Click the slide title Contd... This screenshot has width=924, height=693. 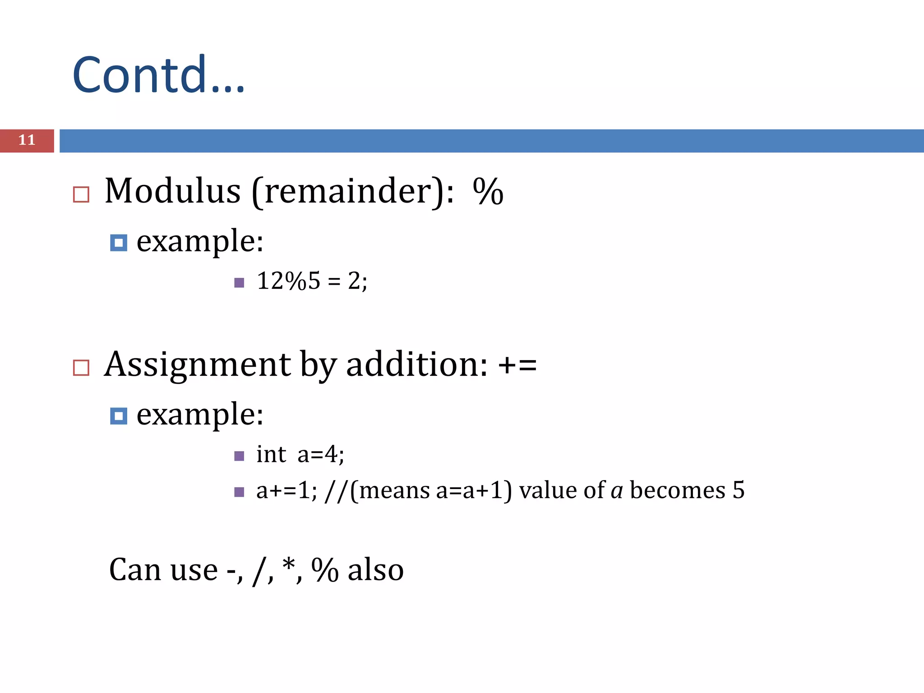pyautogui.click(x=158, y=74)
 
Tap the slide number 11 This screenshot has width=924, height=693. pyautogui.click(x=27, y=140)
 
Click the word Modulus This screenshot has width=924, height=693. pyautogui.click(x=172, y=191)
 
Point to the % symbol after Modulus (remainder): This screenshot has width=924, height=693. pyautogui.click(x=488, y=191)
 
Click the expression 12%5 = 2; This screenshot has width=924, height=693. pyautogui.click(x=312, y=281)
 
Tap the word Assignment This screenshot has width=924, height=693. pyautogui.click(x=198, y=365)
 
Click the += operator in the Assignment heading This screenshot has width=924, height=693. pyautogui.click(x=517, y=365)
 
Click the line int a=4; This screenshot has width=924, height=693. pyautogui.click(x=300, y=454)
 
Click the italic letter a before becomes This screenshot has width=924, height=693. pyautogui.click(x=616, y=491)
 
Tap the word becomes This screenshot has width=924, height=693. pyautogui.click(x=677, y=490)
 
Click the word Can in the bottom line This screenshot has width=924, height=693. pyautogui.click(x=135, y=570)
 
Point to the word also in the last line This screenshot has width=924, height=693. pyautogui.click(x=375, y=570)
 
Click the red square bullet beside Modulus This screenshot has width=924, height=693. pyautogui.click(x=81, y=194)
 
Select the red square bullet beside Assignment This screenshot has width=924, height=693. pyautogui.click(x=81, y=368)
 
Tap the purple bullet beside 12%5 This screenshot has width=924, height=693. pyautogui.click(x=240, y=283)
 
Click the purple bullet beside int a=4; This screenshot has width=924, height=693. pyautogui.click(x=240, y=456)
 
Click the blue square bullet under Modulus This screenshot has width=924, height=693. pyautogui.click(x=119, y=243)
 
